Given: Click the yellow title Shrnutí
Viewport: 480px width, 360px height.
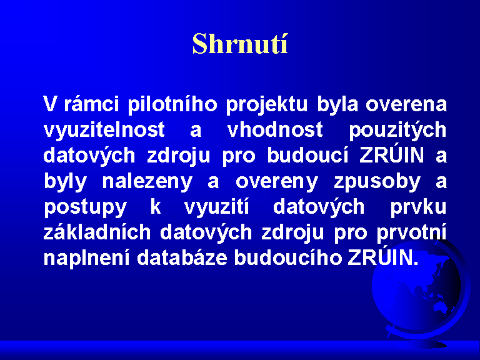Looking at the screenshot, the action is pyautogui.click(x=240, y=44).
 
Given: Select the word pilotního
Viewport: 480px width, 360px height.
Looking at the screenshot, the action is pyautogui.click(x=172, y=104).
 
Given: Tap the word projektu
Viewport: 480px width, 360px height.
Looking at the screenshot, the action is pyautogui.click(x=267, y=104).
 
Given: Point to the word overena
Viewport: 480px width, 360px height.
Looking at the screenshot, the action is pyautogui.click(x=406, y=104).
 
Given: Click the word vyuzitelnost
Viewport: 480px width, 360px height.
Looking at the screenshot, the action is pyautogui.click(x=104, y=130).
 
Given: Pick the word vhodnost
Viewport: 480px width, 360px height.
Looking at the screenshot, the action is pyautogui.click(x=275, y=129).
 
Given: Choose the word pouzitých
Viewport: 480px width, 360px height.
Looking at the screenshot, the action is pyautogui.click(x=397, y=130).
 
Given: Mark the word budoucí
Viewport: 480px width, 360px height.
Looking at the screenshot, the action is pyautogui.click(x=307, y=155).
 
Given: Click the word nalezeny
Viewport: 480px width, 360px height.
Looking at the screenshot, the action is pyautogui.click(x=147, y=181).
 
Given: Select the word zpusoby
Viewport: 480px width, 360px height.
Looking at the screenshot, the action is pyautogui.click(x=377, y=181).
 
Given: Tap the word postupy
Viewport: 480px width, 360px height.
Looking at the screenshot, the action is pyautogui.click(x=85, y=207).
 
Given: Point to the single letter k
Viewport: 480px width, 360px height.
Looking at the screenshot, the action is pyautogui.click(x=156, y=206).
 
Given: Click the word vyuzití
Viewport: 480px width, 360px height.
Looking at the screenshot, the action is pyautogui.click(x=217, y=207).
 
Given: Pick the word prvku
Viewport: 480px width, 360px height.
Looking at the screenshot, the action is pyautogui.click(x=419, y=207).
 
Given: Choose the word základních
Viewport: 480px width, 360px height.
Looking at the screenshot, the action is pyautogui.click(x=97, y=232).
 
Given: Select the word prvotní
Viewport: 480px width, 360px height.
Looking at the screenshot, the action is pyautogui.click(x=412, y=232).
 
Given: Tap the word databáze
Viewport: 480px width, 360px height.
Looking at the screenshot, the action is pyautogui.click(x=182, y=257).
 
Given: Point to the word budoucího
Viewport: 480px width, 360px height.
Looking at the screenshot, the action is pyautogui.click(x=287, y=257).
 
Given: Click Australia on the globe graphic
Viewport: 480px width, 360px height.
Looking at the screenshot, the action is pyautogui.click(x=441, y=306).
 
